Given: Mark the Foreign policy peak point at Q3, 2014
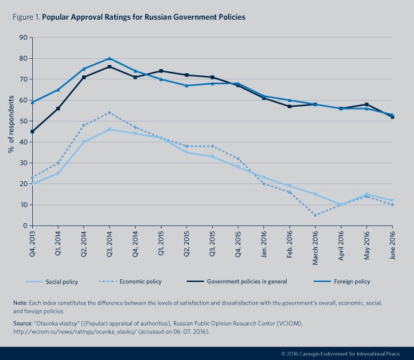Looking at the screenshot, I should pyautogui.click(x=110, y=59).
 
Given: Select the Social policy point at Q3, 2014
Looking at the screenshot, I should pyautogui.click(x=110, y=129).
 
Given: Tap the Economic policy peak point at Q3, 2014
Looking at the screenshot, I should pyautogui.click(x=110, y=113).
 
